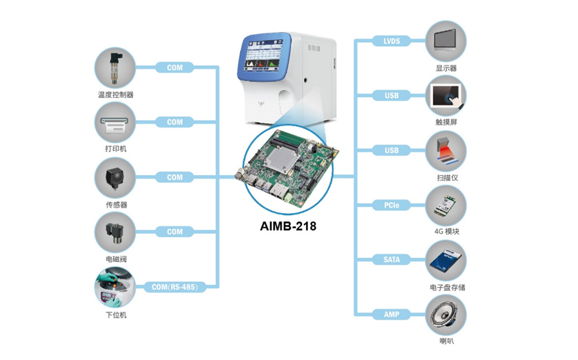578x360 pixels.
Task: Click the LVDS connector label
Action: click(391, 41)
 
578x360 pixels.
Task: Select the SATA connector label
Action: click(391, 259)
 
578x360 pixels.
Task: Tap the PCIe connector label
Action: click(391, 205)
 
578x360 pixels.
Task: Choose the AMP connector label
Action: click(391, 315)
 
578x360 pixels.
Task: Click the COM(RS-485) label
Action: click(174, 287)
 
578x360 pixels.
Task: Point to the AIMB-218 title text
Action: click(288, 226)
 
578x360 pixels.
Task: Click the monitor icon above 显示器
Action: click(446, 41)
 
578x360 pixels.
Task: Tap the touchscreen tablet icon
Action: click(446, 96)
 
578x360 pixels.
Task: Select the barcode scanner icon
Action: click(446, 151)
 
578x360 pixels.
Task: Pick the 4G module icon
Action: click(446, 205)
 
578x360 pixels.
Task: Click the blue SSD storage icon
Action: click(446, 260)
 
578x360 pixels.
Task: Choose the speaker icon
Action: click(446, 315)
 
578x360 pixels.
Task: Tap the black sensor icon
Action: click(115, 178)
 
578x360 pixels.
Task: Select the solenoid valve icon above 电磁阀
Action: click(115, 232)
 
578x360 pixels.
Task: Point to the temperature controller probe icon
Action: click(115, 68)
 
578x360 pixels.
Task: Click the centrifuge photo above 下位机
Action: click(115, 287)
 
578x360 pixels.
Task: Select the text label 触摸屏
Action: click(446, 122)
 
